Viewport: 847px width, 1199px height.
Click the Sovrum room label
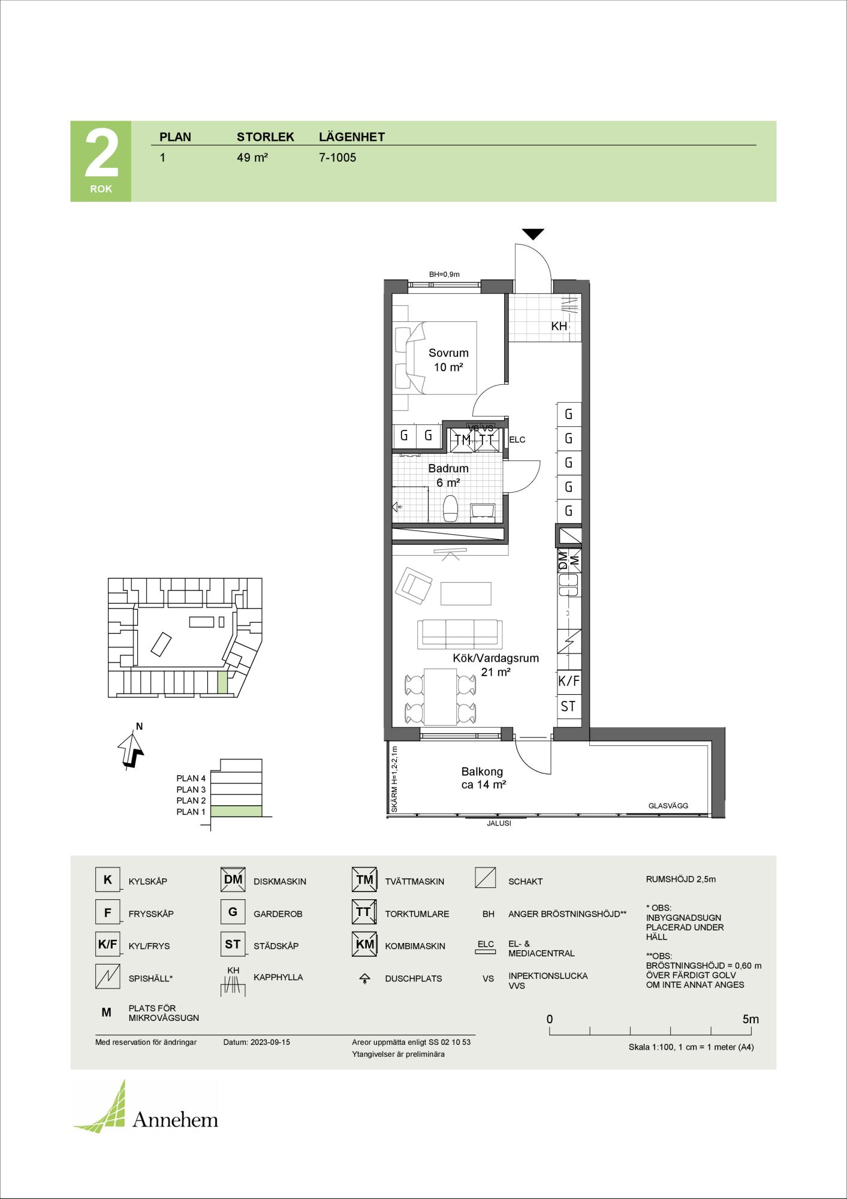pos(448,353)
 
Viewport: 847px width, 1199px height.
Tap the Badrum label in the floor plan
pos(448,468)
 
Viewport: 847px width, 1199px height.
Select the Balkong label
pos(482,772)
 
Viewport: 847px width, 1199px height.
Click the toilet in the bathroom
pos(450,508)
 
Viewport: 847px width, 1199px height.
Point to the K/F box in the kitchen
pos(569,681)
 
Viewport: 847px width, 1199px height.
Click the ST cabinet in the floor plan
pos(569,706)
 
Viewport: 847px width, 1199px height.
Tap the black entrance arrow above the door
pos(532,234)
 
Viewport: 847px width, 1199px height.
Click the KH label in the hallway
pos(559,327)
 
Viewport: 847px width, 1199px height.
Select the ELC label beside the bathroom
pos(517,439)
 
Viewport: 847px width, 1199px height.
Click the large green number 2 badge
pos(101,161)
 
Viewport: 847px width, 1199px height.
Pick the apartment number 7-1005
pos(337,158)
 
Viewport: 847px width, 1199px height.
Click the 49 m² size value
pos(252,158)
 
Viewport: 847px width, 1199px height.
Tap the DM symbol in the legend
pos(233,880)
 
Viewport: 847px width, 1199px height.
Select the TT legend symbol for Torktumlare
pos(364,912)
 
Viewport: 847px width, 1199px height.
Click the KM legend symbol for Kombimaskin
pos(364,945)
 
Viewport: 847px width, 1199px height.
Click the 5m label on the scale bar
pos(750,1019)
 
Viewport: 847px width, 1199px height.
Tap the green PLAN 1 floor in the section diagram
pos(237,812)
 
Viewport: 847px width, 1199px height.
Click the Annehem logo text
pos(175,1120)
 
